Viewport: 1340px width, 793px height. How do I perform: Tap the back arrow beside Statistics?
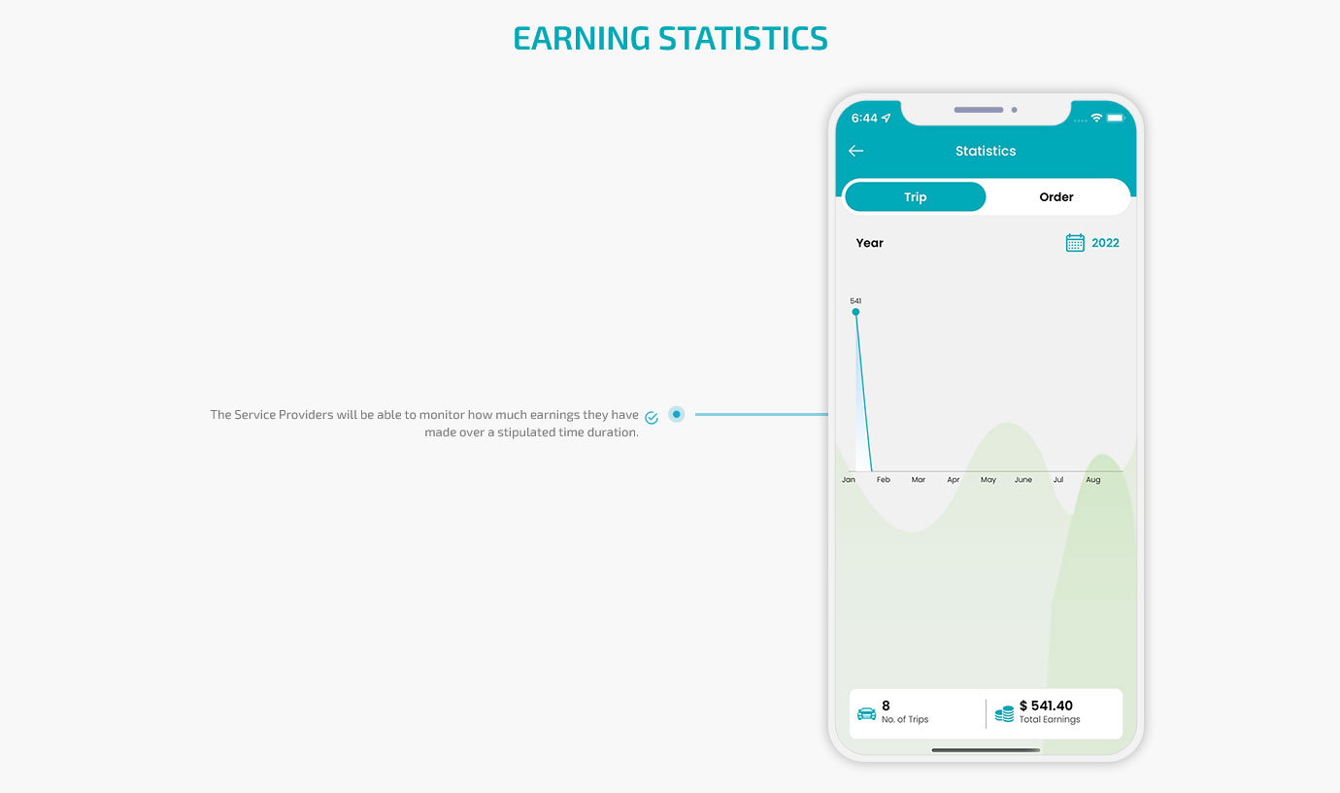click(x=855, y=151)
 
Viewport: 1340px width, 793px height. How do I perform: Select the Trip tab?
click(x=916, y=197)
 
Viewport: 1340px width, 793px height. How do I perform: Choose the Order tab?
click(x=1055, y=197)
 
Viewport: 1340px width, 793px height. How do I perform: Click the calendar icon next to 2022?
click(x=1074, y=242)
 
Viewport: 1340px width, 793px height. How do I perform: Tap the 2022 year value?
click(x=1105, y=243)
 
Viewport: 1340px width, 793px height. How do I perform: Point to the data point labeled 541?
click(x=855, y=312)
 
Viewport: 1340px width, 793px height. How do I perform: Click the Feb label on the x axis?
click(x=883, y=479)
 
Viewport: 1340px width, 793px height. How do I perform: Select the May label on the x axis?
click(x=988, y=480)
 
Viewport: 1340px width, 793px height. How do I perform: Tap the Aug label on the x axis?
click(x=1093, y=480)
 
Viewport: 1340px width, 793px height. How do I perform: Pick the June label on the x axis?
click(x=1022, y=479)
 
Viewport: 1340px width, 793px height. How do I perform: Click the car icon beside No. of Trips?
click(x=866, y=713)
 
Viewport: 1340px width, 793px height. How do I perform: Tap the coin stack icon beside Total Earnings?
click(x=1004, y=713)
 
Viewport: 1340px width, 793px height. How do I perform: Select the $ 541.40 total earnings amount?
click(x=1047, y=706)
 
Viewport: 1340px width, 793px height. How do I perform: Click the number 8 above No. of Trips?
click(x=886, y=706)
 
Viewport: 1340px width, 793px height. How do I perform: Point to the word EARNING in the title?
click(x=582, y=38)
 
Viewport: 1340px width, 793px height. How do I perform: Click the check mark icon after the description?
click(x=652, y=417)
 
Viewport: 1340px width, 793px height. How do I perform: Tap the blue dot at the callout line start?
click(x=677, y=414)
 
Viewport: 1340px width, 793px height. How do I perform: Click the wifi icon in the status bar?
click(x=1096, y=118)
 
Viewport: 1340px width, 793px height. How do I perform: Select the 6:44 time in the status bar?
click(x=864, y=118)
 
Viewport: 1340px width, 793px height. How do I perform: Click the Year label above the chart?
click(x=869, y=243)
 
